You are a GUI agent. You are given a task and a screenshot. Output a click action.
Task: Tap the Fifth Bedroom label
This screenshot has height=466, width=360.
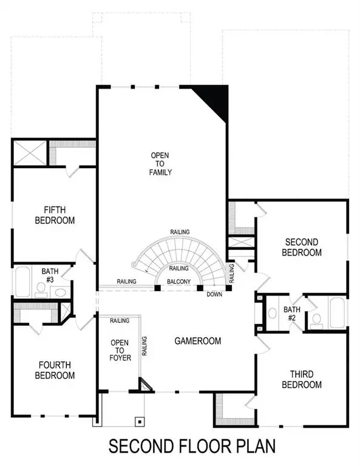point(55,215)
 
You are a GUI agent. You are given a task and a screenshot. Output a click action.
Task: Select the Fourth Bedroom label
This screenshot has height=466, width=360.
point(55,370)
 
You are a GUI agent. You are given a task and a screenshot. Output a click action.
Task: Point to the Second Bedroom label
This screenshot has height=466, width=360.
point(302,247)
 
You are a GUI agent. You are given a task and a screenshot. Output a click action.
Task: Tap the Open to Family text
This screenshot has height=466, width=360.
point(161,164)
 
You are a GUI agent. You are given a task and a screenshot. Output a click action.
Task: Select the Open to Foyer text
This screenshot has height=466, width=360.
point(120,350)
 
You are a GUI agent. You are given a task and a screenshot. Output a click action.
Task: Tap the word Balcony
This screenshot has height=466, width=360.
point(179,282)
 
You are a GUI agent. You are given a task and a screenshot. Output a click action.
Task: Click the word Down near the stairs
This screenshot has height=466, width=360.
point(214,294)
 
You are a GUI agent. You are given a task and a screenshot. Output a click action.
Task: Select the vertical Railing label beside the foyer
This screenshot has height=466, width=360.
point(144,346)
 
